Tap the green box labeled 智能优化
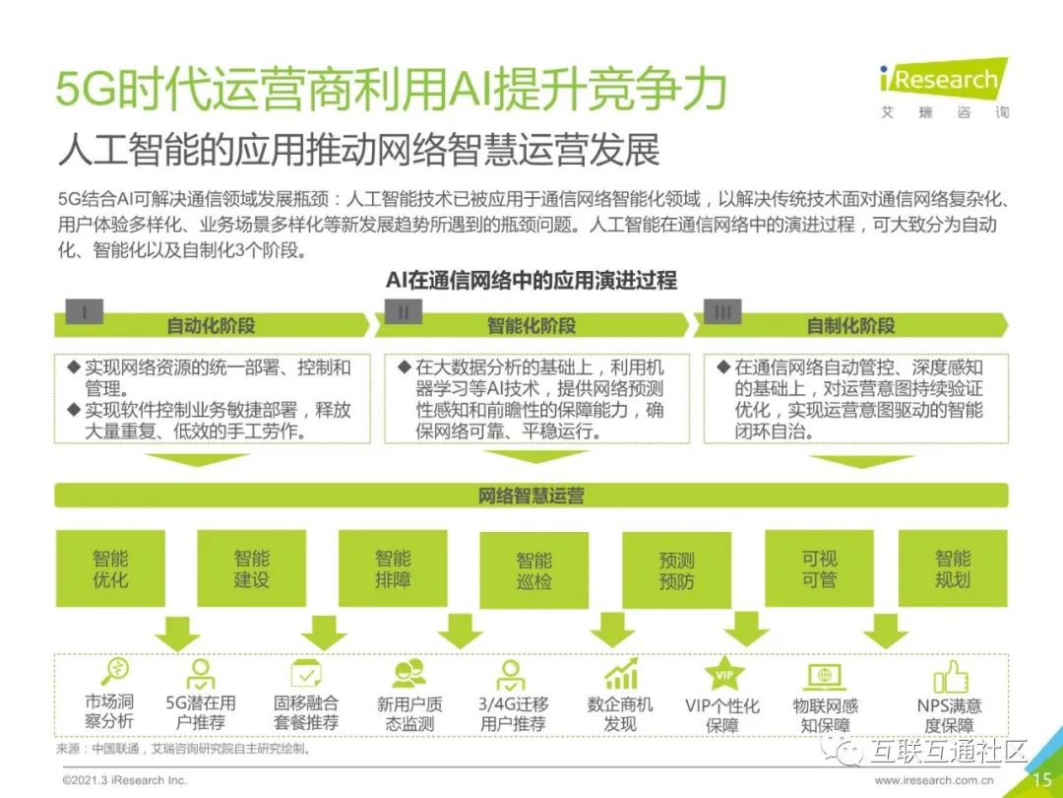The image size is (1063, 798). pyautogui.click(x=110, y=568)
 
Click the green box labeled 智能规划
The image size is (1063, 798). pyautogui.click(x=953, y=568)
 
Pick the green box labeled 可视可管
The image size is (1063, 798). pyautogui.click(x=819, y=568)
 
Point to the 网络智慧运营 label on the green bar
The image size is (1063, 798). pyautogui.click(x=531, y=496)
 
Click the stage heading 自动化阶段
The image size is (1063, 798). pyautogui.click(x=211, y=325)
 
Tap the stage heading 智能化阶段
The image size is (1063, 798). pyautogui.click(x=531, y=325)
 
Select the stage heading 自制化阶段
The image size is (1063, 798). pyautogui.click(x=850, y=325)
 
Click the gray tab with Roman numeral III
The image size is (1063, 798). pyautogui.click(x=723, y=311)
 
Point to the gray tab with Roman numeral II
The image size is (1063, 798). pyautogui.click(x=404, y=311)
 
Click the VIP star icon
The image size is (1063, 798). pyautogui.click(x=723, y=675)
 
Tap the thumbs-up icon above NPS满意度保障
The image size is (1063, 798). pyautogui.click(x=950, y=675)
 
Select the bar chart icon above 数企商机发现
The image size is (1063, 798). pyautogui.click(x=621, y=674)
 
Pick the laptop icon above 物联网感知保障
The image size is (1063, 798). pyautogui.click(x=825, y=676)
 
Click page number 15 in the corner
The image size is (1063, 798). pyautogui.click(x=1041, y=779)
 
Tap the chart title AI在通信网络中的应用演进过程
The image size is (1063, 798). pyautogui.click(x=531, y=281)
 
